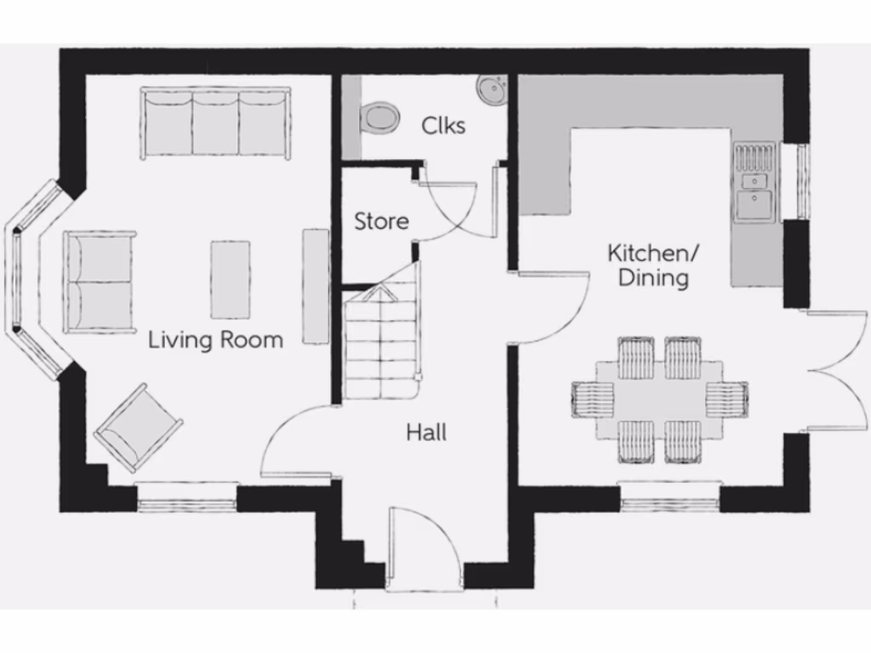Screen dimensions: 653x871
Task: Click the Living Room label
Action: (215, 340)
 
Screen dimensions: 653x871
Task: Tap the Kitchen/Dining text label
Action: (652, 265)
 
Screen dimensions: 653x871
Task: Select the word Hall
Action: (426, 433)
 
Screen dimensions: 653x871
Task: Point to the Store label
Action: (381, 222)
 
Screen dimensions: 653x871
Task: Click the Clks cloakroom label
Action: (443, 126)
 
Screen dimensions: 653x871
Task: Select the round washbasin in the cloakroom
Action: (492, 88)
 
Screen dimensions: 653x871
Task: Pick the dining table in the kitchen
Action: (659, 398)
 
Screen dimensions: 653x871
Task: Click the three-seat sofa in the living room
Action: (216, 124)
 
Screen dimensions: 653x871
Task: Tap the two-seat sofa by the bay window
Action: (99, 281)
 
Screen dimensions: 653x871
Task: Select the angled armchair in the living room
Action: (138, 427)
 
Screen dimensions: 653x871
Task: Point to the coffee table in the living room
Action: (231, 279)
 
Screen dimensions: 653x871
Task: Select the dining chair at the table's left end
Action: (593, 399)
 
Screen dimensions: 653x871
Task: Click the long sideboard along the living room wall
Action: (316, 286)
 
